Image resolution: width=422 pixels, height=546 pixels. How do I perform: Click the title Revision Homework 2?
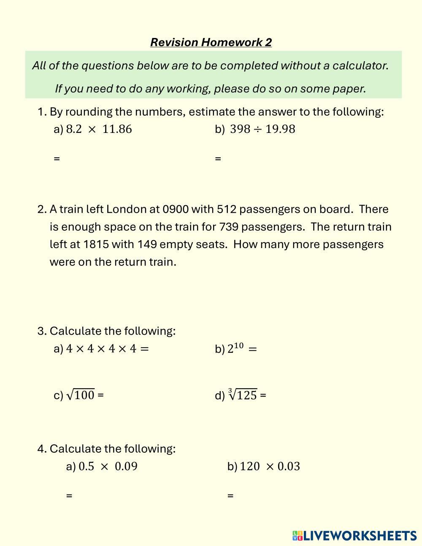211,42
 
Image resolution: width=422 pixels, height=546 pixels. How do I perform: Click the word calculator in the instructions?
359,66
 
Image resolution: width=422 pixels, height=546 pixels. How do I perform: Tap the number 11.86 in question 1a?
117,129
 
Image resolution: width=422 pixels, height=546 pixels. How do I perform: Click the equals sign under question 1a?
57,159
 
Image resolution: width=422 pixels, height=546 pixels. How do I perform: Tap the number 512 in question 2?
227,209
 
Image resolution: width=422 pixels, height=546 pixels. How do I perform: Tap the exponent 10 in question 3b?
239,346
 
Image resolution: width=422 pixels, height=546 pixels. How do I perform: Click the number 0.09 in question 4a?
126,466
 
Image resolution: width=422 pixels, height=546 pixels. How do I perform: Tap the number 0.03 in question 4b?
289,466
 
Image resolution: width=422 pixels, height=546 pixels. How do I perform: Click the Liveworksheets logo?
354,535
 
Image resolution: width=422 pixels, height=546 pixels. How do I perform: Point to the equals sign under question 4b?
230,495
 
